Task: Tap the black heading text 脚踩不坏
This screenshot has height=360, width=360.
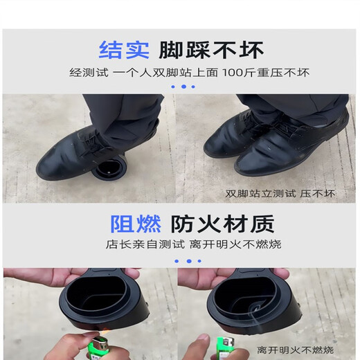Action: (211, 50)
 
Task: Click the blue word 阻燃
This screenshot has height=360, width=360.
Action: (136, 224)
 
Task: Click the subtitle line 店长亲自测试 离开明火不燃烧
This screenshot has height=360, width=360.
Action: (183, 244)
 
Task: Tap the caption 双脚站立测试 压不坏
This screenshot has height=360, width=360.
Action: (280, 194)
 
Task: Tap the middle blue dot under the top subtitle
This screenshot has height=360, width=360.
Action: (183, 87)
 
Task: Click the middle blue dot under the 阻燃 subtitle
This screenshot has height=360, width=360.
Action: (183, 261)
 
